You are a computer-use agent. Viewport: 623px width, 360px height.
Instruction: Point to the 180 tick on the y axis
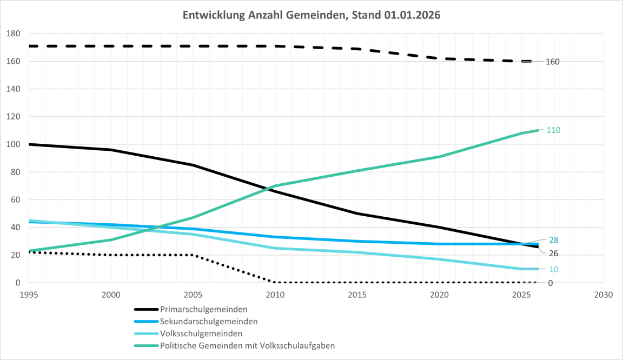click(x=13, y=34)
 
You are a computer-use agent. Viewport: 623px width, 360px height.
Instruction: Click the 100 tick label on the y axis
click(x=13, y=144)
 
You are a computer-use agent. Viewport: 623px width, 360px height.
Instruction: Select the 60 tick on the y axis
click(x=15, y=200)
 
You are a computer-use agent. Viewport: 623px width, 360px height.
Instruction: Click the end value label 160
click(x=552, y=62)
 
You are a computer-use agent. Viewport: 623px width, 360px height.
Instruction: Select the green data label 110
click(x=553, y=130)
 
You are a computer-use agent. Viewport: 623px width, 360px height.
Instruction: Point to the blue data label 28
click(x=553, y=240)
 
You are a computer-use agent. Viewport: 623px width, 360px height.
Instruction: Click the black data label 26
click(x=553, y=254)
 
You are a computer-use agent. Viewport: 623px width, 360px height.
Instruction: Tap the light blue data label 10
click(x=553, y=269)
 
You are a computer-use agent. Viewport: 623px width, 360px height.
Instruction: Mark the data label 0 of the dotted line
click(x=550, y=283)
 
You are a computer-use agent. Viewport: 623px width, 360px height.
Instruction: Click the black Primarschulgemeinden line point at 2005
click(x=193, y=165)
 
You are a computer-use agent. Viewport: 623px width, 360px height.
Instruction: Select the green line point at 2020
click(x=439, y=157)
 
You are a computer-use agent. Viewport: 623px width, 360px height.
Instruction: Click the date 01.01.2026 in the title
click(x=412, y=15)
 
